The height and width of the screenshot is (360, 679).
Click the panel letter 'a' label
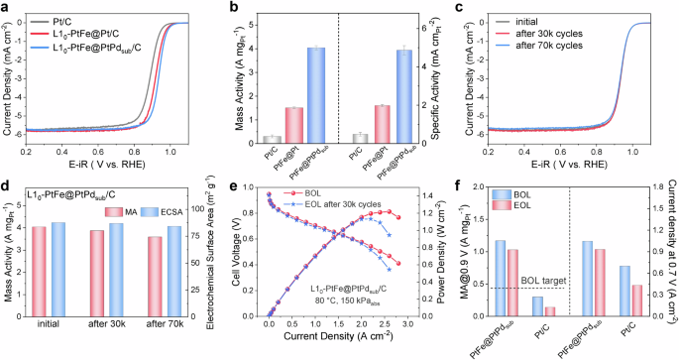click(x=6, y=7)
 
